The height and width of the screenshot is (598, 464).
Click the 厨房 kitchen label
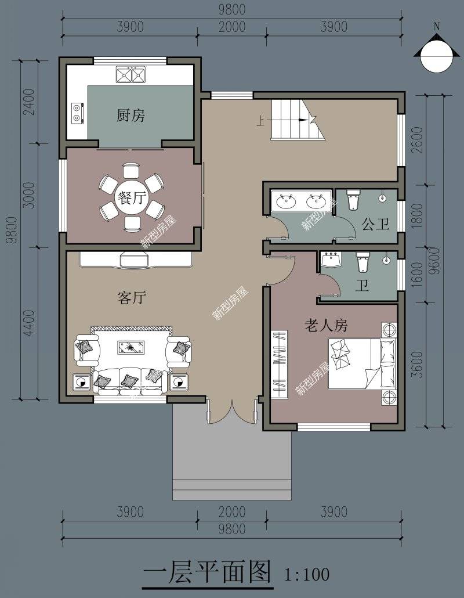tap(130, 116)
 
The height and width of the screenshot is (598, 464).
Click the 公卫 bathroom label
tap(375, 224)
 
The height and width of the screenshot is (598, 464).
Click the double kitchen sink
tap(130, 75)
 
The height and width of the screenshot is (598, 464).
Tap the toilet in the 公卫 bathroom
tap(353, 201)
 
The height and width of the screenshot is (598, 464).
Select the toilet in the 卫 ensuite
tap(363, 263)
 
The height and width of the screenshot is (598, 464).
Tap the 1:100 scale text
tap(307, 575)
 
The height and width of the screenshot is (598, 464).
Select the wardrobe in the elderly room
tap(280, 363)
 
